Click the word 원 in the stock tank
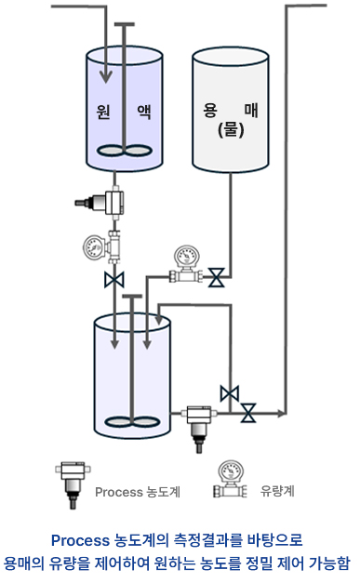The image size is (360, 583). click(103, 111)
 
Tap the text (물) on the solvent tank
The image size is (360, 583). click(231, 130)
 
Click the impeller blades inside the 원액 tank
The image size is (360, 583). click(125, 151)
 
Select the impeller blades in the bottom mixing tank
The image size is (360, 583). click(132, 421)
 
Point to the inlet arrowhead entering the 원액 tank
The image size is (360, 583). click(106, 77)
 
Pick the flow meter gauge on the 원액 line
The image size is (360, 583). click(101, 247)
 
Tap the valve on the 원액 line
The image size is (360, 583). click(113, 280)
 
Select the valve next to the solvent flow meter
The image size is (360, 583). click(216, 277)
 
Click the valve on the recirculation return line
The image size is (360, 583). click(230, 393)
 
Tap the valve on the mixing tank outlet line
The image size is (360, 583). click(248, 413)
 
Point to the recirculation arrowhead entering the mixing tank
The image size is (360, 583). click(160, 320)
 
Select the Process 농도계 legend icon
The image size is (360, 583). click(73, 484)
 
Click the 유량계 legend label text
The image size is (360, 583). click(277, 491)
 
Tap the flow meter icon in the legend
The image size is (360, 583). click(231, 479)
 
